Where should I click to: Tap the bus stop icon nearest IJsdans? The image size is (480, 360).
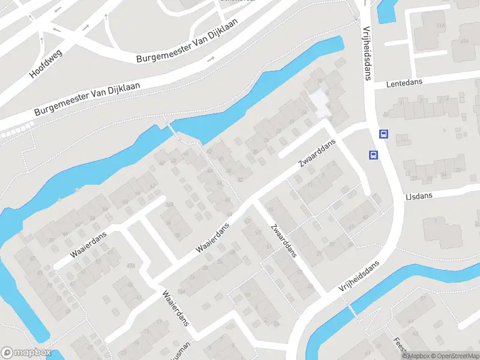click(373, 155)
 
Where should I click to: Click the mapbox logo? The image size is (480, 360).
click(26, 353)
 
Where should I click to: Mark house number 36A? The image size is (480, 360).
click(170, 205)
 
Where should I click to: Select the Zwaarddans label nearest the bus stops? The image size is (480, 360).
click(317, 155)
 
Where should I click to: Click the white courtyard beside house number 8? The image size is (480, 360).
click(320, 102)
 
